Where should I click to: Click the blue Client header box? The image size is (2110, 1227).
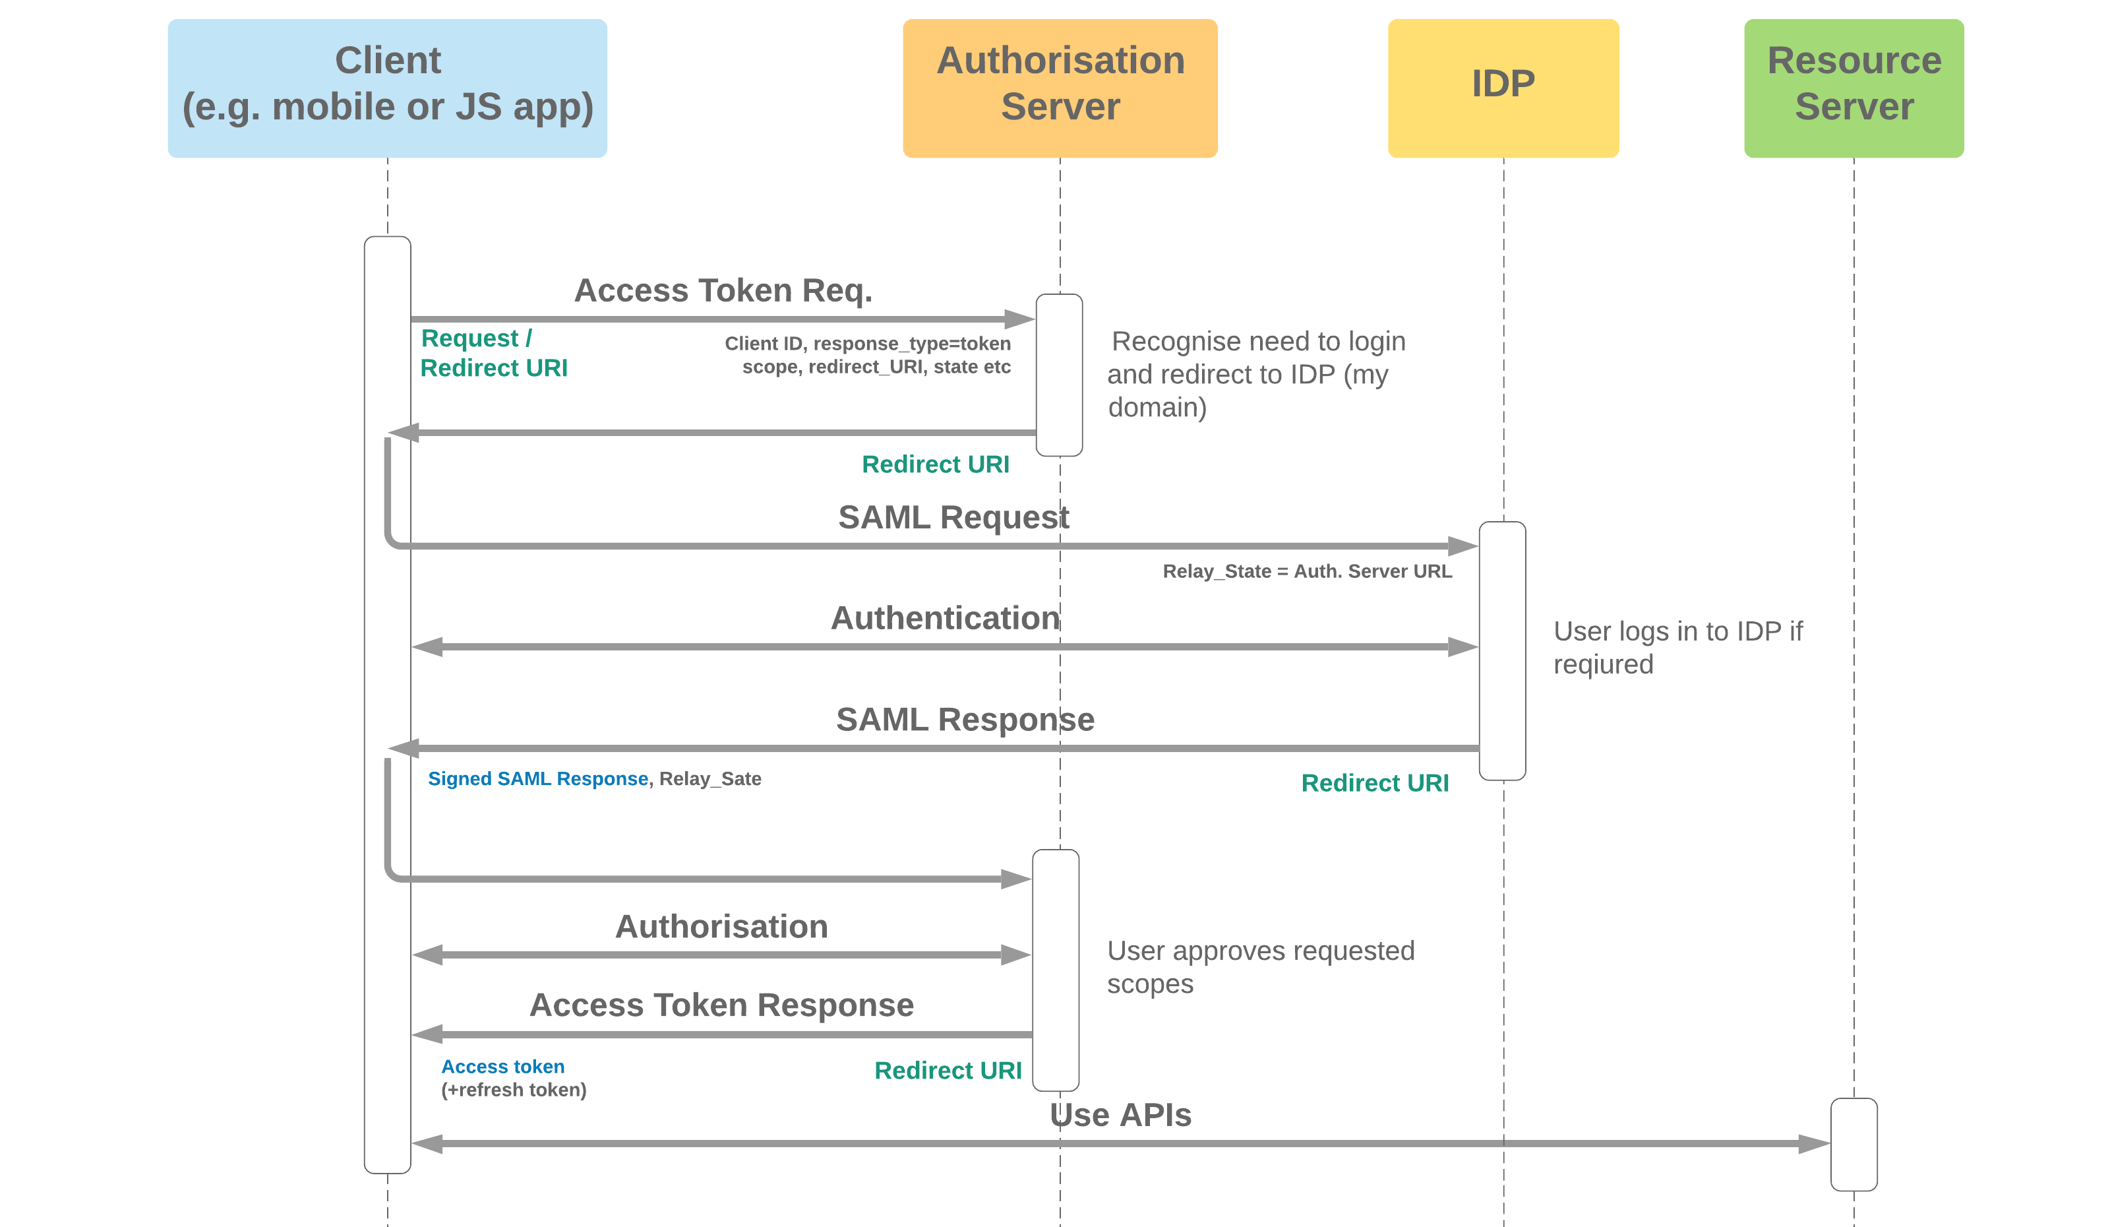(x=387, y=88)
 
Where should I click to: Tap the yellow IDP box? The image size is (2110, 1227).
(x=1503, y=88)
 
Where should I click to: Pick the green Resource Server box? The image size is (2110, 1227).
(x=1853, y=88)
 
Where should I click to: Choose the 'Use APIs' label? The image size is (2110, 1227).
(x=1120, y=1115)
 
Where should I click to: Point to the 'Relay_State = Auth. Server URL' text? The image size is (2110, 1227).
(x=1306, y=571)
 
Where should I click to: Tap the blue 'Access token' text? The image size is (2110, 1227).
(x=502, y=1066)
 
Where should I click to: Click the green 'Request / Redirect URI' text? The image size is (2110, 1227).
(x=493, y=353)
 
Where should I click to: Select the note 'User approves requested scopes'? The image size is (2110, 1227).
(x=1259, y=966)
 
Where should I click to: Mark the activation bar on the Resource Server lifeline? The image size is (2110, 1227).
(x=1853, y=1144)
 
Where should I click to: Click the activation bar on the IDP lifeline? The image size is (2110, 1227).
(x=1501, y=650)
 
